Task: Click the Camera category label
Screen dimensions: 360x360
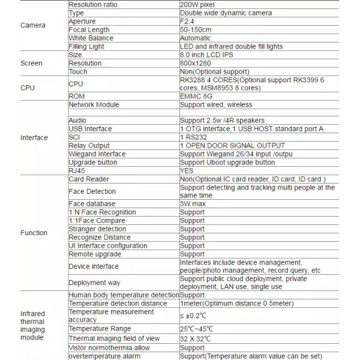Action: (32, 25)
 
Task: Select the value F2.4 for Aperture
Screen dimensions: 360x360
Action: (188, 21)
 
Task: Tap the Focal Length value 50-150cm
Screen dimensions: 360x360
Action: (196, 29)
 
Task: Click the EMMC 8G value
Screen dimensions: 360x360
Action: (196, 96)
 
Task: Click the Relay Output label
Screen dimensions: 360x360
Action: (89, 145)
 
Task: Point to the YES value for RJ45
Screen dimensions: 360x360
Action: (187, 170)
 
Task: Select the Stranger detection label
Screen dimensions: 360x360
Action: (97, 229)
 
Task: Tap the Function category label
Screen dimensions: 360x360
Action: (34, 233)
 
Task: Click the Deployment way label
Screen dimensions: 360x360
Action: (94, 283)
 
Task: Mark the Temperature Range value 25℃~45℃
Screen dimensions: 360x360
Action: (196, 329)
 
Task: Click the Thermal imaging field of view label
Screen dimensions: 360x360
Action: (114, 338)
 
